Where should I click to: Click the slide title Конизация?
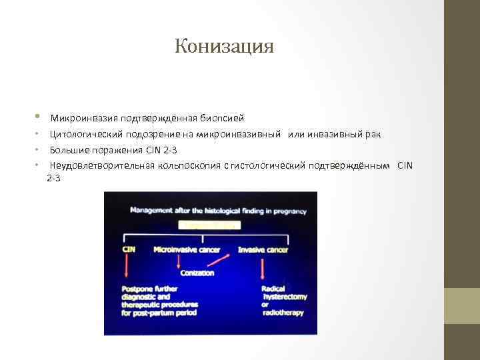point(224,47)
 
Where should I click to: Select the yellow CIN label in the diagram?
point(129,250)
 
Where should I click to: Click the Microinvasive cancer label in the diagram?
point(186,250)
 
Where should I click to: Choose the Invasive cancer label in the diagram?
point(263,250)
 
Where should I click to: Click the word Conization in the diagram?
point(196,273)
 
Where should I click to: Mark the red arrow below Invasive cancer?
point(263,269)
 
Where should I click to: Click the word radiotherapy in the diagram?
point(283,313)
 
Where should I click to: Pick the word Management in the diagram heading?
point(151,211)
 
